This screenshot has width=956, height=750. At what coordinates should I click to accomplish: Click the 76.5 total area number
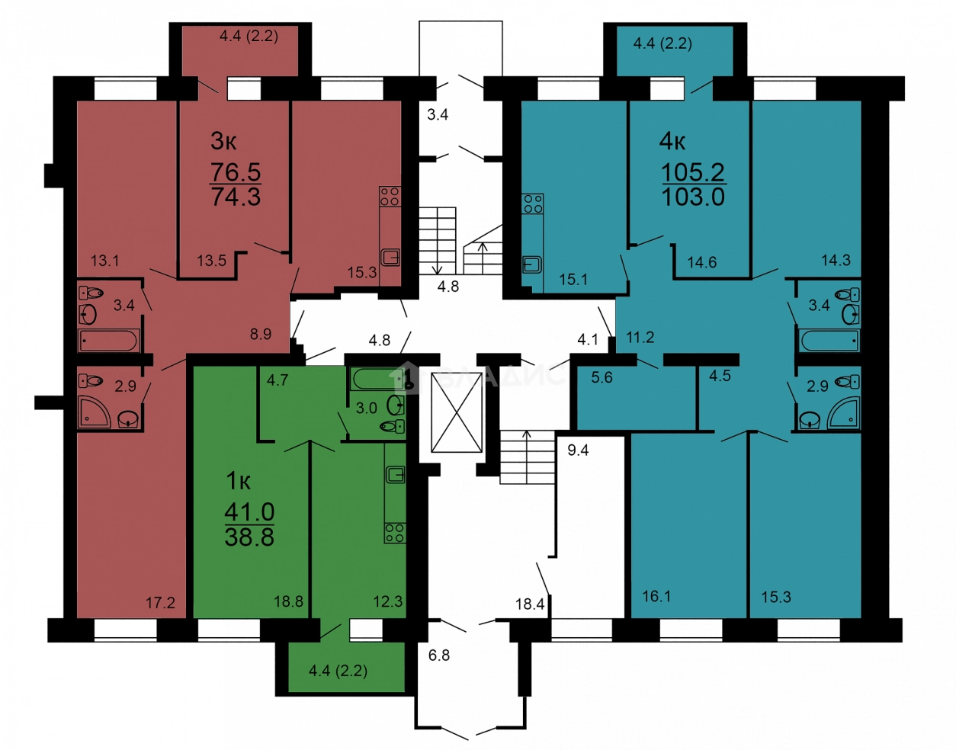236,171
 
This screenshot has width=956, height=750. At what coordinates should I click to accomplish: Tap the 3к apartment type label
223,141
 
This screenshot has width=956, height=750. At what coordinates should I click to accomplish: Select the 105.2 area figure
693,172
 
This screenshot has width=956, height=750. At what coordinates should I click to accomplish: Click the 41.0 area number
249,511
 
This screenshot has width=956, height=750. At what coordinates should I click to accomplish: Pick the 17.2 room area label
160,602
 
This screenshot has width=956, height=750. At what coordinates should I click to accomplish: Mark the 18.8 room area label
288,601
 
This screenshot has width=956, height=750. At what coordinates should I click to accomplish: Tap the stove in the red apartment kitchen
390,196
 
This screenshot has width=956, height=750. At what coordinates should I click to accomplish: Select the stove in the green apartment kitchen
395,533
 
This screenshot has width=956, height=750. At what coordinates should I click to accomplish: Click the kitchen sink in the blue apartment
532,264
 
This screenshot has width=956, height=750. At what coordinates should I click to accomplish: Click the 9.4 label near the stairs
578,450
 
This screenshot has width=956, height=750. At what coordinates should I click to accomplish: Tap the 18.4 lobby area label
530,604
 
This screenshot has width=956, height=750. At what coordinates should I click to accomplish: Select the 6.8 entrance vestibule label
439,655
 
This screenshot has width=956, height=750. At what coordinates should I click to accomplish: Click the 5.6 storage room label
602,377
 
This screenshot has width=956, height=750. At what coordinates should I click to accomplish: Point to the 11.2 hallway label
640,338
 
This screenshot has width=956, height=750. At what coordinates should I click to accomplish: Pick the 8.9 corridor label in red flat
261,334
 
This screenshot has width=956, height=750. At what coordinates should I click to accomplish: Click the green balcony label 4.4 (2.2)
338,671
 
